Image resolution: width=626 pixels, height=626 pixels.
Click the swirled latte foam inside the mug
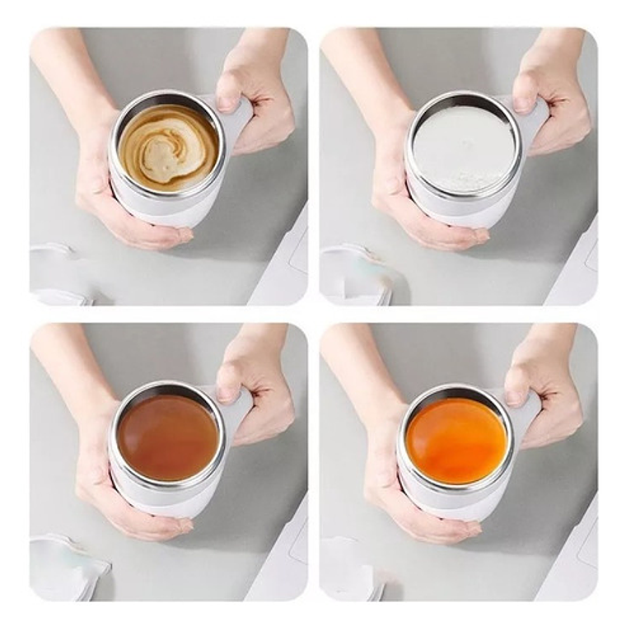[x=168, y=147]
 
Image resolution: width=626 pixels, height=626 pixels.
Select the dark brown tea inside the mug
[x=167, y=437]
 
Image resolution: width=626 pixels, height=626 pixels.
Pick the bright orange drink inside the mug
[x=455, y=440]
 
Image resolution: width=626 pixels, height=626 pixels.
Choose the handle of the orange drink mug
[x=527, y=412]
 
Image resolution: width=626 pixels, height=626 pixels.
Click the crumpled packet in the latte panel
[x=62, y=272]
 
